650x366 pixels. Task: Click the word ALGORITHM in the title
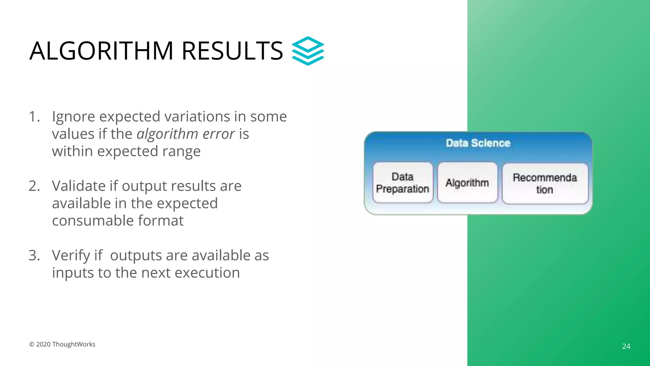point(101,51)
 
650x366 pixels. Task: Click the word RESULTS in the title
point(232,51)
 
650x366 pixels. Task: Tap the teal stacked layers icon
point(308,51)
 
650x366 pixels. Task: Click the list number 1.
point(34,117)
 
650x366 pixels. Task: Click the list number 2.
point(34,186)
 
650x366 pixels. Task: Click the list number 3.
point(34,255)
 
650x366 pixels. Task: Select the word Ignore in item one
point(73,117)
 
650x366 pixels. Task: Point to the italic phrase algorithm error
point(186,134)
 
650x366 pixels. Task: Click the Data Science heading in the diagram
point(478,143)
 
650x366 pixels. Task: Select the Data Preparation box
point(402,183)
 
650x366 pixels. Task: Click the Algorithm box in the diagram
point(467,183)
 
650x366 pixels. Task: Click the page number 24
point(626,346)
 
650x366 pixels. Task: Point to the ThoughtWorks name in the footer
point(74,344)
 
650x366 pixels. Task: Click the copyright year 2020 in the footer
point(43,344)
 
